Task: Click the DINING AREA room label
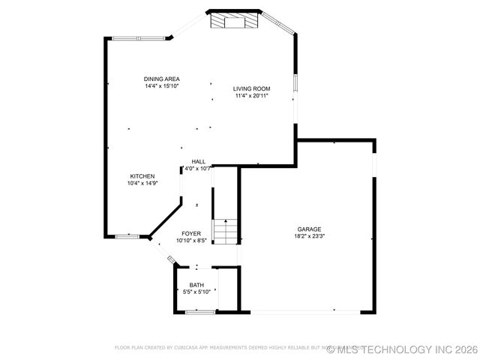coord(162,79)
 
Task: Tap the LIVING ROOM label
coord(252,88)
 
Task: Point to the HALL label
coord(198,161)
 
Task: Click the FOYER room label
coord(191,234)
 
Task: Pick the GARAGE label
coord(309,229)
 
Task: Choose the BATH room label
coord(196,285)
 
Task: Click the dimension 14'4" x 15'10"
coord(162,86)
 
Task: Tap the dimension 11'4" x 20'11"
coord(252,96)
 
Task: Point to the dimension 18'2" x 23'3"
coord(309,237)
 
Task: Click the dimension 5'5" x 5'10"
coord(196,292)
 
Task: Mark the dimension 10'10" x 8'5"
coord(191,241)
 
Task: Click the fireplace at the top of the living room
coord(235,20)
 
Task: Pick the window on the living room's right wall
coord(295,82)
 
